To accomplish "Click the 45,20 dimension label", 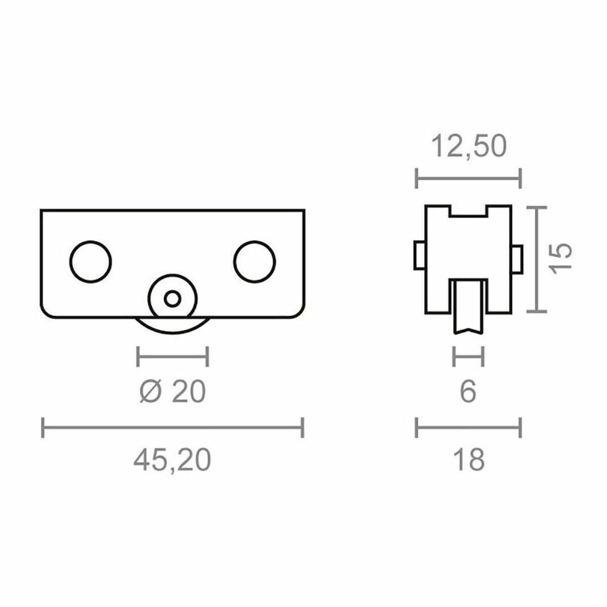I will tap(172, 460).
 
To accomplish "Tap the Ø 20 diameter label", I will tap(172, 392).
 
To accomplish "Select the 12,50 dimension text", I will tap(468, 147).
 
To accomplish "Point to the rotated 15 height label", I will tap(562, 258).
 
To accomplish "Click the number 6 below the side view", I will tap(468, 392).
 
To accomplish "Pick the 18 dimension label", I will tap(468, 460).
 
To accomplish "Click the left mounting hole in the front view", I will tap(90, 262).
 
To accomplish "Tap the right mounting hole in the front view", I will tap(254, 262).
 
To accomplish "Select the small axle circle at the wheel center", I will tap(172, 298).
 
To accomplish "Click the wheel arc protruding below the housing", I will tap(172, 328).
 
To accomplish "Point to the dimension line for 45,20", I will tap(172, 427).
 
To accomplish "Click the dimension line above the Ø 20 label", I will tap(172, 357).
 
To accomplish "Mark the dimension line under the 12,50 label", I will tap(468, 178).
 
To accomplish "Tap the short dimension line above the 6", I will tap(468, 357).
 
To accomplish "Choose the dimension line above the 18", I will tap(468, 427).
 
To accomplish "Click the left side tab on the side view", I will tap(419, 255).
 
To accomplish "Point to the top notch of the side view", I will tap(468, 211).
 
